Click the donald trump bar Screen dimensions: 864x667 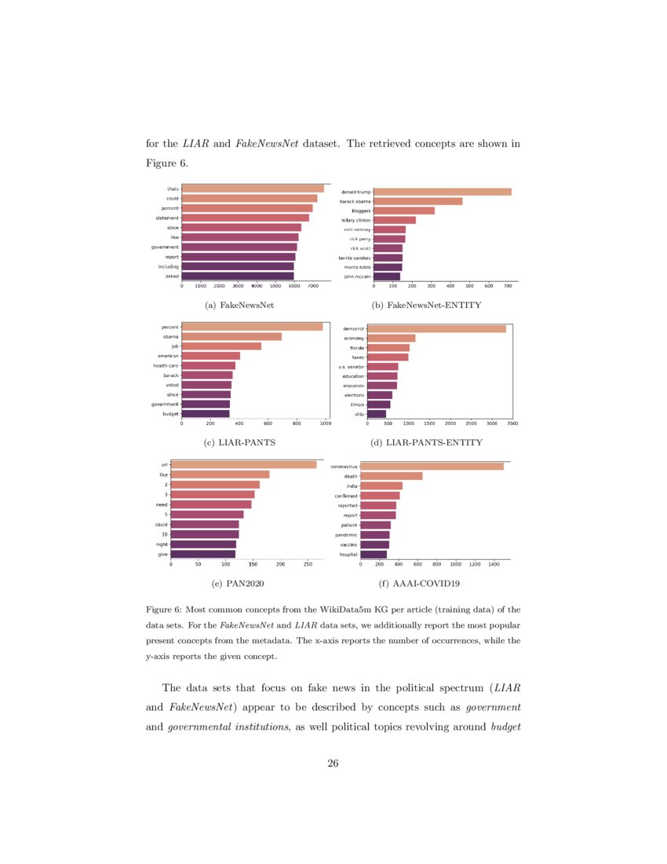click(443, 192)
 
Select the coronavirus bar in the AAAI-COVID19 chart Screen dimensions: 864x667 click(432, 466)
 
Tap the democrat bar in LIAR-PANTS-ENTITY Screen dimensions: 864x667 click(436, 328)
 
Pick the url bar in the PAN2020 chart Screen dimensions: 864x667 click(243, 465)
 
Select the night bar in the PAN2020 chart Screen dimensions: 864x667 click(203, 544)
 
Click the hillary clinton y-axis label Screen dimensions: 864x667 click(355, 221)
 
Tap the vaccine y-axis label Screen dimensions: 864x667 click(348, 544)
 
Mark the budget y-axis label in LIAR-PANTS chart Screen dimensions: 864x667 click(170, 413)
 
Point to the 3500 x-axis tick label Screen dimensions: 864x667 click(512, 423)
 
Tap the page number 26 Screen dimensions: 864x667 click(333, 763)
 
